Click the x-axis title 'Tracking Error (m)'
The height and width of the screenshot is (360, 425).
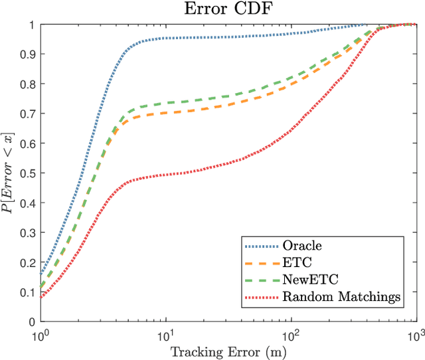click(x=228, y=350)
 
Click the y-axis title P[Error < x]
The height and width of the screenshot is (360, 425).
click(x=10, y=173)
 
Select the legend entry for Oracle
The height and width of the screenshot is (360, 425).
click(x=301, y=246)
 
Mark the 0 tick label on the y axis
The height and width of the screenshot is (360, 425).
click(x=33, y=321)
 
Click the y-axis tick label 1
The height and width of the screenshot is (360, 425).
click(x=33, y=25)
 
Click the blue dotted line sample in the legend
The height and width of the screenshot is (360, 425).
click(x=262, y=246)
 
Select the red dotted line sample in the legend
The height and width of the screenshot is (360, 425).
click(x=262, y=297)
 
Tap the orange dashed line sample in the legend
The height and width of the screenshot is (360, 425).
click(x=262, y=263)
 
